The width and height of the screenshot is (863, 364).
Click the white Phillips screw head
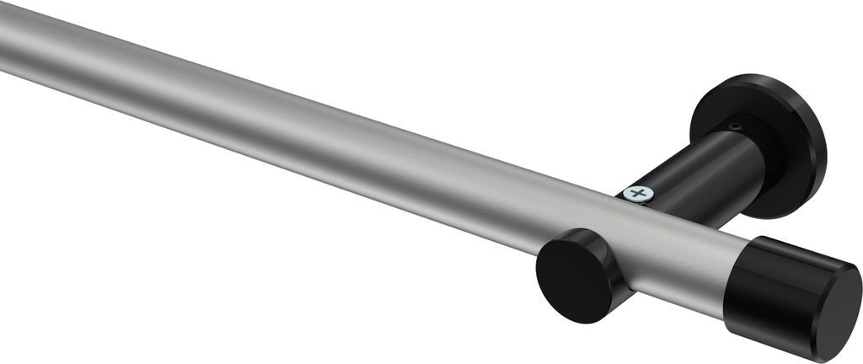(x=639, y=194)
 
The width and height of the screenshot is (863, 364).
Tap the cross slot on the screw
(x=640, y=194)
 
